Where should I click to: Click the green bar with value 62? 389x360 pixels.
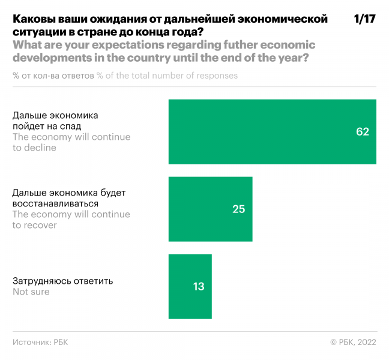click(x=272, y=131)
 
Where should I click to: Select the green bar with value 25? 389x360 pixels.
click(x=210, y=209)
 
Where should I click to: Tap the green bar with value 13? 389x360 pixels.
click(x=190, y=286)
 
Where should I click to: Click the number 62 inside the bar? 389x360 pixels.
click(x=362, y=132)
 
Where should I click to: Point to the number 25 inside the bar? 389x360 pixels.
click(x=238, y=209)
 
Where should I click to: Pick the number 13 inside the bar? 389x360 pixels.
click(x=198, y=287)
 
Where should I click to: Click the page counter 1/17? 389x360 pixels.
click(x=364, y=19)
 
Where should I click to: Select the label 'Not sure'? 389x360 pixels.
click(x=31, y=292)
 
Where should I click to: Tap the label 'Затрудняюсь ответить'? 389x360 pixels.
click(x=63, y=281)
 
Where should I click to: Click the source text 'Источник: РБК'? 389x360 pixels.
click(x=40, y=341)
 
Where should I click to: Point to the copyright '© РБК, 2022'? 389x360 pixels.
click(x=353, y=341)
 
